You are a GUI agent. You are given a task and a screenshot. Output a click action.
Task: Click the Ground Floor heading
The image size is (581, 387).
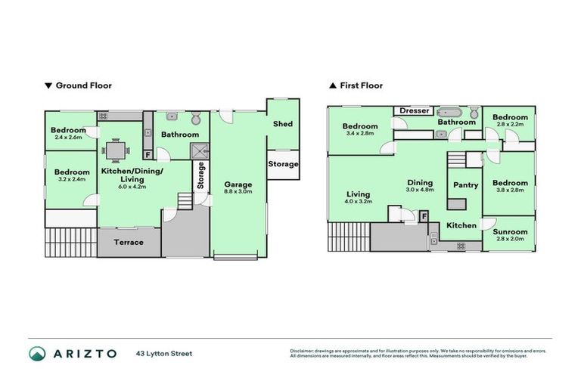click(83, 85)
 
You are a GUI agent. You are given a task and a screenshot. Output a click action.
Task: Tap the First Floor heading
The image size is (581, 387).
click(361, 85)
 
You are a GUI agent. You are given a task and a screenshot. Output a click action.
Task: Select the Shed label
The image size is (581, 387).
click(283, 124)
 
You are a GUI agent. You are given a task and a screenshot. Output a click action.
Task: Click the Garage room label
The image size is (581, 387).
click(238, 184)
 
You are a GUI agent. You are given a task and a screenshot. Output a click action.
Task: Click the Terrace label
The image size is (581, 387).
click(129, 243)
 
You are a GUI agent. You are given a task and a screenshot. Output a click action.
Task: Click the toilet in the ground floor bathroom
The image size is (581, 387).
click(196, 118)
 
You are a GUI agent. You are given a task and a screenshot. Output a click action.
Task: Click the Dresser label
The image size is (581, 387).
click(414, 111)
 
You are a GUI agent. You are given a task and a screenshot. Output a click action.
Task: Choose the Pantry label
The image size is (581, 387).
click(465, 185)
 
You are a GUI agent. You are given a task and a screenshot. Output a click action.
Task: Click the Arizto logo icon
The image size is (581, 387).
click(37, 353)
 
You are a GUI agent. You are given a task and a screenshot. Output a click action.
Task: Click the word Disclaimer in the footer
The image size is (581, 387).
click(303, 351)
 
